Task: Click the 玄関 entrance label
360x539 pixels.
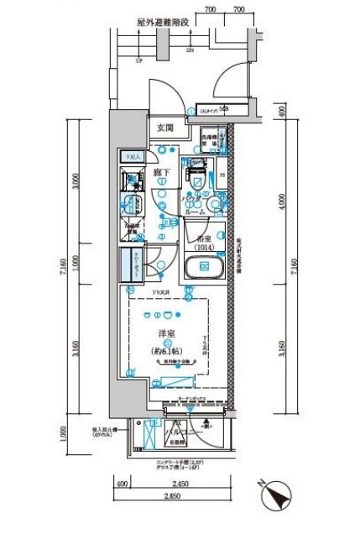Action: pos(164,128)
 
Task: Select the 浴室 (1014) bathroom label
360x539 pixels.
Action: pos(205,243)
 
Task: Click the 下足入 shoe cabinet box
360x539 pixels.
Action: pos(134,156)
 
